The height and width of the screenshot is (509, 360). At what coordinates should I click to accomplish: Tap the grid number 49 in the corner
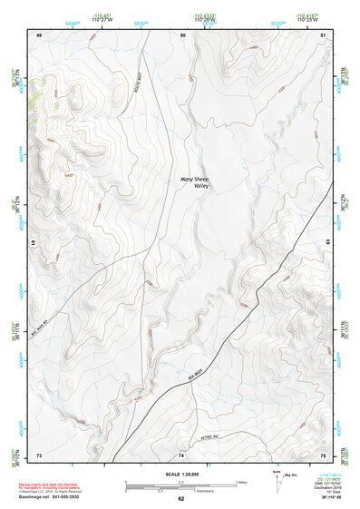38,34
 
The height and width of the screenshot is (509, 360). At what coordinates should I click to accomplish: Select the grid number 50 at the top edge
182,34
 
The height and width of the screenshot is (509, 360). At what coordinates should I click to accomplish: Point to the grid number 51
324,34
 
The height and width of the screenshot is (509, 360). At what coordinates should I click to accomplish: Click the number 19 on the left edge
33,244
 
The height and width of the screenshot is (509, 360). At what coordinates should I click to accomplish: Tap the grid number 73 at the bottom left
38,454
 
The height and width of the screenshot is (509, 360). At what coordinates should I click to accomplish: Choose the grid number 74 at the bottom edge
181,454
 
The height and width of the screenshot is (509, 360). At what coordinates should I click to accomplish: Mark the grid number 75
324,454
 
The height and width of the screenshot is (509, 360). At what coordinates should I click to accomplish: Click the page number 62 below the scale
180,499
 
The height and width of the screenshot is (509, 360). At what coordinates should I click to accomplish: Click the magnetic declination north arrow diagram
272,481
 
